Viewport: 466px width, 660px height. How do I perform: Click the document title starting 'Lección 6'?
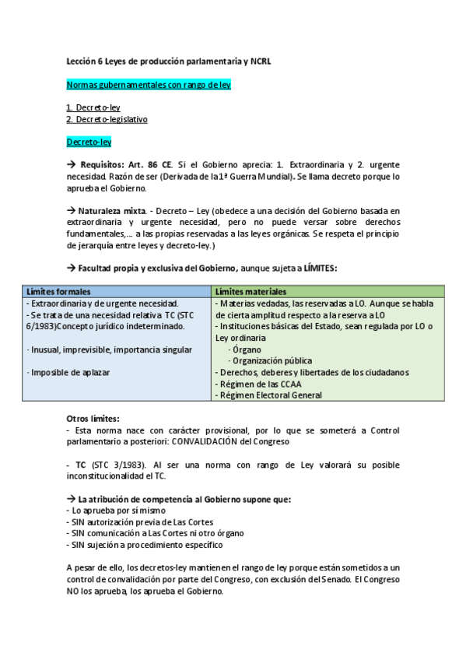coord(168,61)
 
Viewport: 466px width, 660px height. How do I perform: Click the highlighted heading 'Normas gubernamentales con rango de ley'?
coord(148,84)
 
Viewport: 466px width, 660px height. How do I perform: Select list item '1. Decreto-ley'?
coord(93,108)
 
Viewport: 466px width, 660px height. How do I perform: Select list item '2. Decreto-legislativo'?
coord(107,119)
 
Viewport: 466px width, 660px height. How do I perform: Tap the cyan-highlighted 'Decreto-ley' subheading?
coord(89,142)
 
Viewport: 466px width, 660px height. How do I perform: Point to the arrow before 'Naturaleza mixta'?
coord(71,211)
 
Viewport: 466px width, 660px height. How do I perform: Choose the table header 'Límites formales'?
coord(58,291)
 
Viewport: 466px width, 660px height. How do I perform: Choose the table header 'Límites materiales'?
coord(251,291)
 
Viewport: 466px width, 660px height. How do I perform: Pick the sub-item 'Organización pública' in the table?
coord(272,360)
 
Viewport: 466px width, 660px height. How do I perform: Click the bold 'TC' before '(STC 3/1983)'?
coord(81,465)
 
